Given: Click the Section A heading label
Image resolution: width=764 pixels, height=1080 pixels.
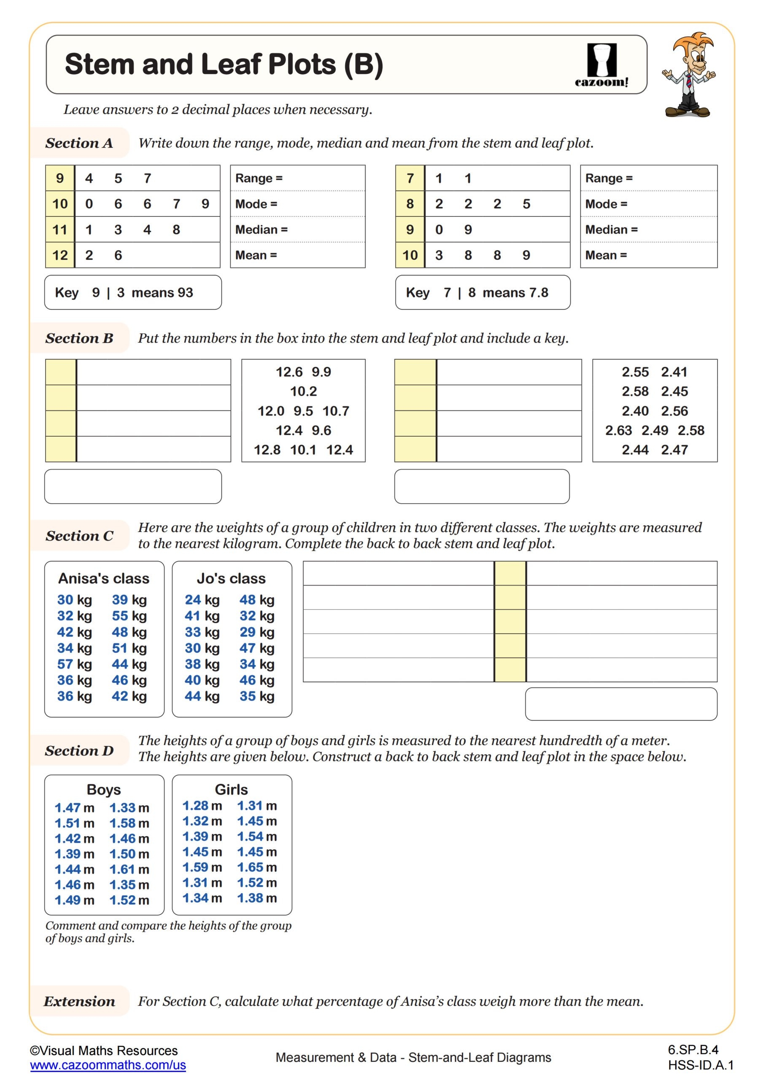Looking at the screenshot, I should point(79,143).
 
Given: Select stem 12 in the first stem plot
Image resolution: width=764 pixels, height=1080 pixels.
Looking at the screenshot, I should point(60,255).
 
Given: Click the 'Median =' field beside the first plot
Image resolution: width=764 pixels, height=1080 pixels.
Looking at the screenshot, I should point(297,229).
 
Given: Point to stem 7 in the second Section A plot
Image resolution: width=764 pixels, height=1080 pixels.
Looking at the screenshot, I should point(410,178).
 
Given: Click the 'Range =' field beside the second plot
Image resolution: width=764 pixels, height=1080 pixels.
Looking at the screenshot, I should point(648,178).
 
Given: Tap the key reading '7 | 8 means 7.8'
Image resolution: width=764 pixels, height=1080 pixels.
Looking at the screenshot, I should point(482,293).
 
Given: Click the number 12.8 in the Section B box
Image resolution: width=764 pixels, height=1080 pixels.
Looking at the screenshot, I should point(267,450).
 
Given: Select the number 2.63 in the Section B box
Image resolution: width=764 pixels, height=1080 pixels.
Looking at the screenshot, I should point(618,430).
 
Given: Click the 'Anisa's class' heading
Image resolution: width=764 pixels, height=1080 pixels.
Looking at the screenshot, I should point(103,578).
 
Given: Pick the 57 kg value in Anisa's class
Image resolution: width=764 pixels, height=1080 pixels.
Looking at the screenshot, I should point(74,664).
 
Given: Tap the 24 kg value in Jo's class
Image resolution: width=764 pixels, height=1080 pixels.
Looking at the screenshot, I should point(202,600).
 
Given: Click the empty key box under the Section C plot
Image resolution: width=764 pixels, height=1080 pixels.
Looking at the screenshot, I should point(621,704).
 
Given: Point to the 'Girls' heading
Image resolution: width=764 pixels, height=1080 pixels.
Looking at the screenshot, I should point(231,789).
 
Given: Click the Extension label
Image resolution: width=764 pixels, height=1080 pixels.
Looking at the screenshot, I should point(79,1001).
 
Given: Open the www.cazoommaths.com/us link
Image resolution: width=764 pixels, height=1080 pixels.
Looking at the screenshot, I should point(108,1065).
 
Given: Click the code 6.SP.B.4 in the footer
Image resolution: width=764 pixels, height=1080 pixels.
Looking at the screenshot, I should point(692,1050).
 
